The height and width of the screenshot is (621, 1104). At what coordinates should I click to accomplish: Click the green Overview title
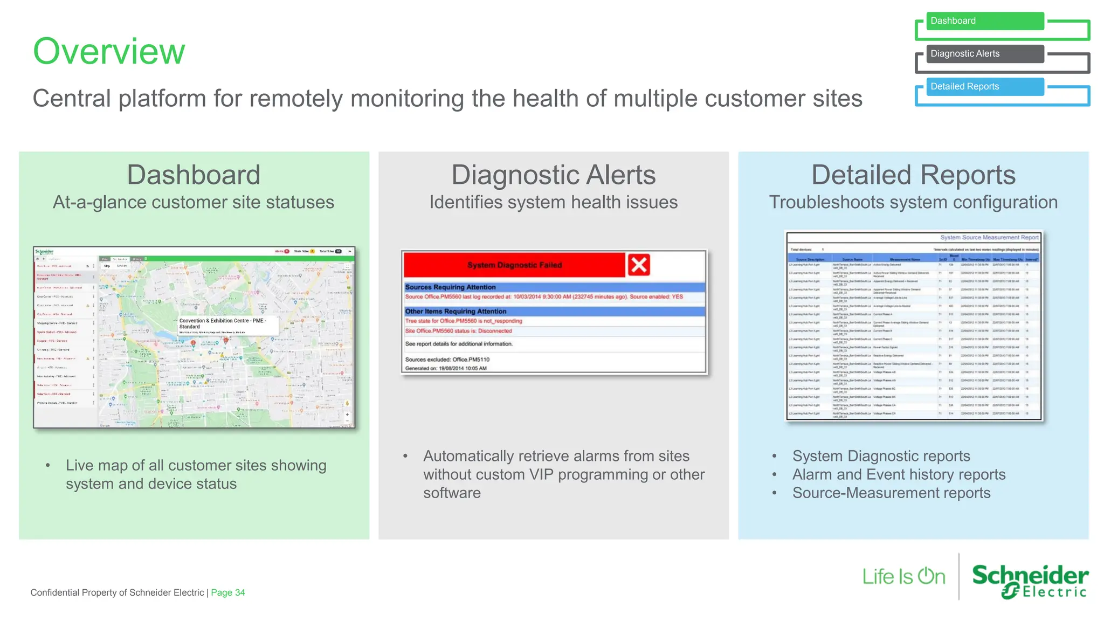pos(109,51)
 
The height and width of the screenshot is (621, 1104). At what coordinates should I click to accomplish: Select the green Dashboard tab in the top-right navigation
pos(984,21)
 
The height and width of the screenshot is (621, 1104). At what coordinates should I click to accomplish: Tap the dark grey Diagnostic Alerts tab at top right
pos(984,54)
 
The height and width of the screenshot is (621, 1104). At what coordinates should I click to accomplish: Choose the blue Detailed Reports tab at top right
pos(984,87)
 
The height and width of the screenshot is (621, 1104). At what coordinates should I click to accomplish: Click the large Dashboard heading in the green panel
pos(194,175)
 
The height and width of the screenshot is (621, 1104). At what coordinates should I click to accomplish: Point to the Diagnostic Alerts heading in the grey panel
pos(553,175)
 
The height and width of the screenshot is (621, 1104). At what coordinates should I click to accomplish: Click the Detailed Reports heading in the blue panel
pos(913,175)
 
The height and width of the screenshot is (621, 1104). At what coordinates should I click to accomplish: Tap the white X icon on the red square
pos(639,265)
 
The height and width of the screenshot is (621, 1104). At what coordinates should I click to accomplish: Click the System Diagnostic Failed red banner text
pos(514,265)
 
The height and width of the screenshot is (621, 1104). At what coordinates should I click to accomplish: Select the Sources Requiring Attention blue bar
pos(554,287)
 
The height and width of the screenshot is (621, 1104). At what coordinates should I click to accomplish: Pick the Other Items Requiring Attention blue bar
pos(554,312)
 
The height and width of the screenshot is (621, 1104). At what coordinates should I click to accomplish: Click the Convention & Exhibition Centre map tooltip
pos(226,324)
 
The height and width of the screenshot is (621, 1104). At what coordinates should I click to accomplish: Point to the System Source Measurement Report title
pos(989,237)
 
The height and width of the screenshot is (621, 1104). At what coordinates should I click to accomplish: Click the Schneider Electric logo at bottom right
pos(1030,581)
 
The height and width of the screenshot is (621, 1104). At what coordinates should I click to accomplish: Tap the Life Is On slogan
pos(903,577)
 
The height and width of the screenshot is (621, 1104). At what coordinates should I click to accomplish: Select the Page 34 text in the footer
pos(227,592)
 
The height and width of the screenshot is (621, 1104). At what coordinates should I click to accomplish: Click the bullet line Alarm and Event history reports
pos(899,474)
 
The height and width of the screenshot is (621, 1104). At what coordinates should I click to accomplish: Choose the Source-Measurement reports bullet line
pos(891,493)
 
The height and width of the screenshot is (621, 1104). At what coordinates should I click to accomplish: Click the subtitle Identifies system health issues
pos(553,202)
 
